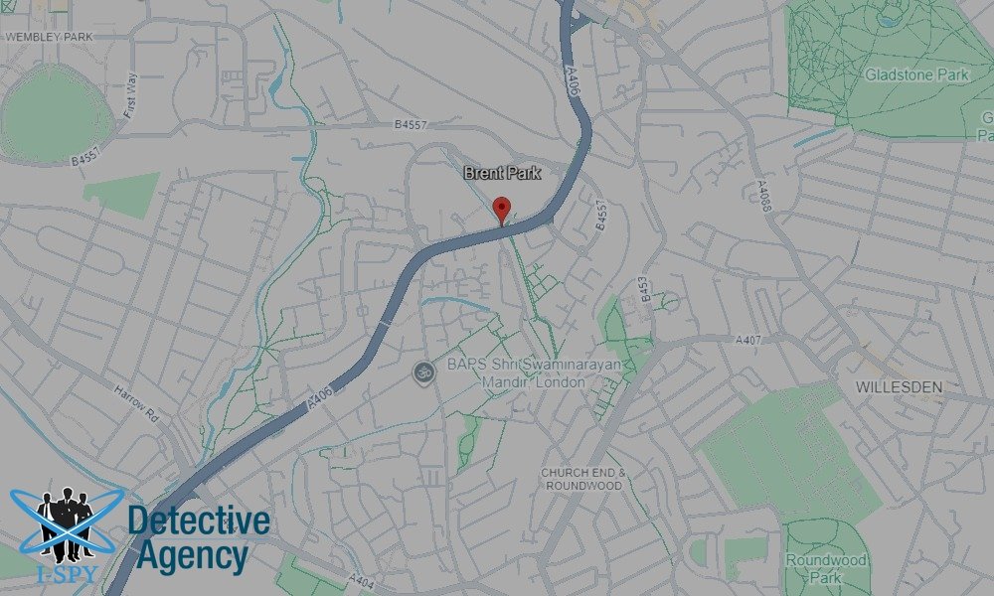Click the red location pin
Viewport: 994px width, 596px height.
coord(502,210)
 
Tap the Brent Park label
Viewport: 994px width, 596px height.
coord(502,173)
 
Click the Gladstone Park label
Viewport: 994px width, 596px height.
coord(903,74)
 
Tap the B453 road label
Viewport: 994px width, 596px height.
coord(644,287)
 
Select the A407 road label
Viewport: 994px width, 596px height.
coord(748,340)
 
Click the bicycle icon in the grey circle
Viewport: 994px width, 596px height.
coord(423,372)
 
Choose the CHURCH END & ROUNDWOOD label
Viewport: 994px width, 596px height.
coord(582,479)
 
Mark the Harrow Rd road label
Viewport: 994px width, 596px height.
coord(136,401)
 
